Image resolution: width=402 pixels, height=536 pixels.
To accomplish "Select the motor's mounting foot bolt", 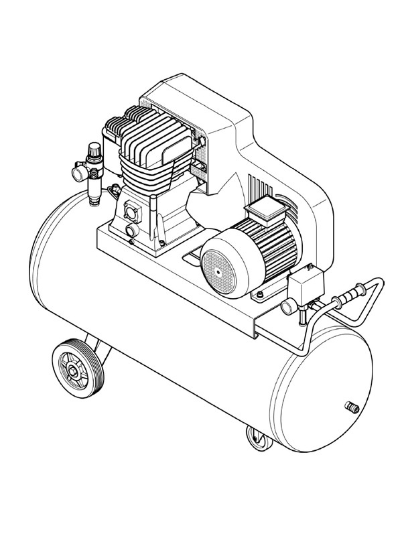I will (x=257, y=294).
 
